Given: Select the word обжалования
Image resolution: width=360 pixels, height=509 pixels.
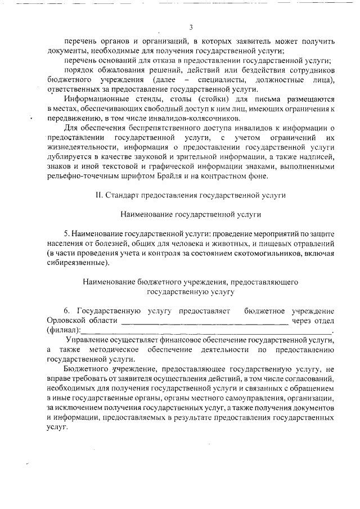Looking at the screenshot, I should click(119, 70).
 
